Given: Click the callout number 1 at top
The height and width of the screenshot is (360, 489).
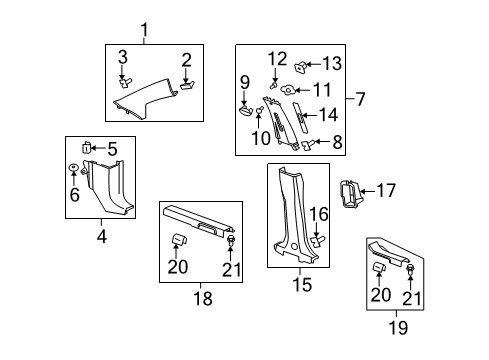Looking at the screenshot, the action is pos(144,30).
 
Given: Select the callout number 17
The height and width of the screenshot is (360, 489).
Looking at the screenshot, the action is pos(386,191).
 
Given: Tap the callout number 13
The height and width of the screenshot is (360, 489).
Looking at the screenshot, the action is pos(332,63).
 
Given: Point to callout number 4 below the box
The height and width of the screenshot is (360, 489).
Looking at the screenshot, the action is pos(102,236).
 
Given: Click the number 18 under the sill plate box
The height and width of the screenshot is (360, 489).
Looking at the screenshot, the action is pos(203,298).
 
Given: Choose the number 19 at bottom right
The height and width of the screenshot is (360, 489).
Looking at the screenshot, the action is pos(398,327).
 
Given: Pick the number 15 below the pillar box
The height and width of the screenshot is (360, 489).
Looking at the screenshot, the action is pos(302,284).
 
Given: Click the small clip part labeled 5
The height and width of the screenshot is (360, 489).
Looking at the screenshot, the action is pos(86,147).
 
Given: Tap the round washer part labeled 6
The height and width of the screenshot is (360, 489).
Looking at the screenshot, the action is pos(73,166).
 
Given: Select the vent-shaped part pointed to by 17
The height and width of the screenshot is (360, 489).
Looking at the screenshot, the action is pos(350,194).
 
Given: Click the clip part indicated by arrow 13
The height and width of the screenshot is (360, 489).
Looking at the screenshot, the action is pos(300,67).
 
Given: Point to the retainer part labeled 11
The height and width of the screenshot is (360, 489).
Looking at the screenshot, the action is pos(287,90).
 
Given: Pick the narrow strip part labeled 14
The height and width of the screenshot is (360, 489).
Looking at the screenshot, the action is pos(300,118).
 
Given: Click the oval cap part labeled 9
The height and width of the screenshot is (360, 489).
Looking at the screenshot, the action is pos(247,110).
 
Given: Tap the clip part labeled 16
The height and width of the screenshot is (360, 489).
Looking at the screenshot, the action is pos(317,241).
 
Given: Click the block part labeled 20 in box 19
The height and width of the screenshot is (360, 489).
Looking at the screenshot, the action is pos(379,267).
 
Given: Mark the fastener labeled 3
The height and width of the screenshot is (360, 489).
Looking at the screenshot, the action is pos(125,82).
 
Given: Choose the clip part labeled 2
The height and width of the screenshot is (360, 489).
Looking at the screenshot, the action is pos(187,85).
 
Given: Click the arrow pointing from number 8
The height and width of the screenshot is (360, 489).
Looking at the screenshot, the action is pos(322,142).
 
